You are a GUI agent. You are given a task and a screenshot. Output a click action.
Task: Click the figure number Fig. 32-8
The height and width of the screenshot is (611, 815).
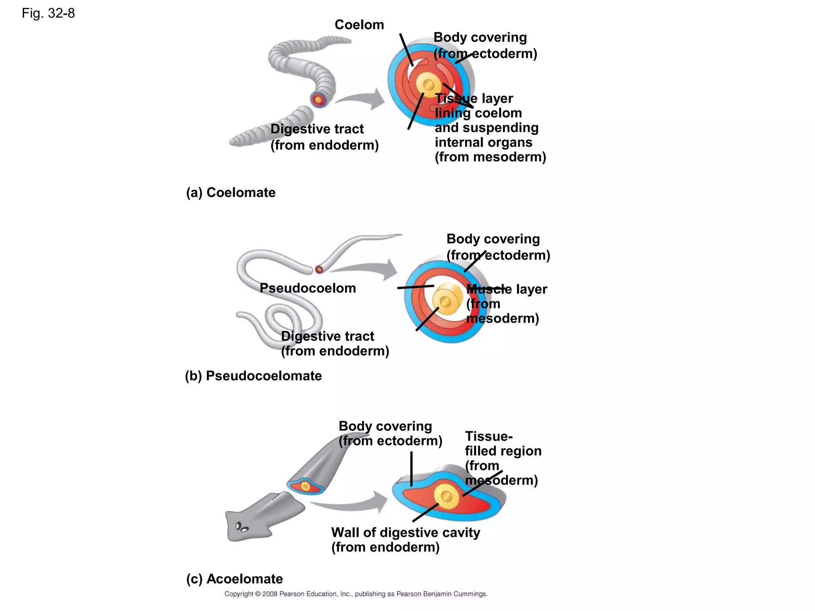48,14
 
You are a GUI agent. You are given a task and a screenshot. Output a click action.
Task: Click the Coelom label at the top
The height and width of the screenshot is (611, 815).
359,25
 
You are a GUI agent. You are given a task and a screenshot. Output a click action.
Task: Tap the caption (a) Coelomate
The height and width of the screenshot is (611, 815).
230,193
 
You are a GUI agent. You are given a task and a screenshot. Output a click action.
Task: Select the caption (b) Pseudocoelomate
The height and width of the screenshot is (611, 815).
253,376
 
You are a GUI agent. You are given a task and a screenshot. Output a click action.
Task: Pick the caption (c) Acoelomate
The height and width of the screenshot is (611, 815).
234,579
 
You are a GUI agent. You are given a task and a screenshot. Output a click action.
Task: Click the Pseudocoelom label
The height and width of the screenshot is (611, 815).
308,288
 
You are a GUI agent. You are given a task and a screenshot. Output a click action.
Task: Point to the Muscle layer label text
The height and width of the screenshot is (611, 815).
506,289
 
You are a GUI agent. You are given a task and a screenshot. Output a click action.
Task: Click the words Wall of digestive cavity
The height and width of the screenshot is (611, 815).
405,533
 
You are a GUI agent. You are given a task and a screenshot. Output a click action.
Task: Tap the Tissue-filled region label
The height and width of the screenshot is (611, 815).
503,451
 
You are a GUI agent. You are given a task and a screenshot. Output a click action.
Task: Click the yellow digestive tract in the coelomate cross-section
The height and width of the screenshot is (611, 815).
428,84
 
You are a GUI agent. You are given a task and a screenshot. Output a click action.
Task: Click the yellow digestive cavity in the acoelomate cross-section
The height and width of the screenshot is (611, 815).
446,496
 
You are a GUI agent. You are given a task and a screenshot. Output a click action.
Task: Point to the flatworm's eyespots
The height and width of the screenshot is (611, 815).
242,527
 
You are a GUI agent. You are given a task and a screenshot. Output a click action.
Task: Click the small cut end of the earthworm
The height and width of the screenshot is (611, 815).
318,99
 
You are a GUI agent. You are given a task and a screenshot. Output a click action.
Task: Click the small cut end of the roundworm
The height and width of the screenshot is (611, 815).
319,270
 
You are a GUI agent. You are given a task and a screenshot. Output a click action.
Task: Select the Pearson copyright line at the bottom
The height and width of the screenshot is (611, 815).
355,594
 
